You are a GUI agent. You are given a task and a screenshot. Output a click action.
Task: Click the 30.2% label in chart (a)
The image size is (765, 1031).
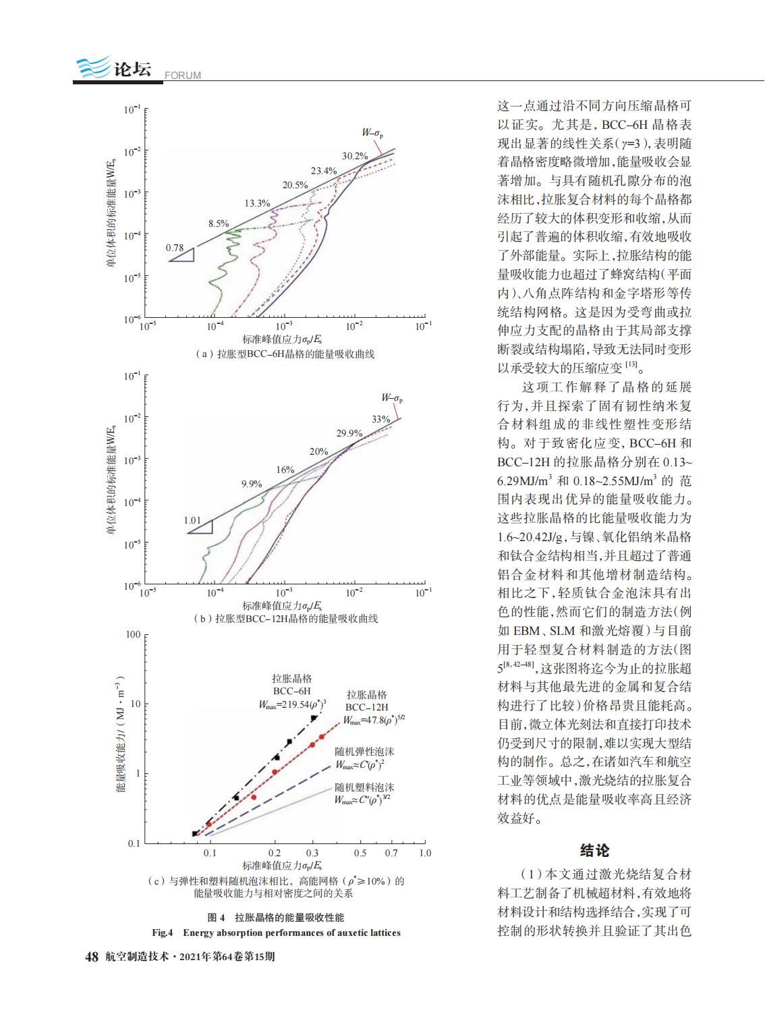point(355,156)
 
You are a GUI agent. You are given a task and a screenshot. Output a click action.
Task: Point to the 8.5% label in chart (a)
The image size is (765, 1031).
point(219,223)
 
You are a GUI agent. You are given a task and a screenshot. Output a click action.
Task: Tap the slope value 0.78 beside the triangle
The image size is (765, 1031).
point(175,248)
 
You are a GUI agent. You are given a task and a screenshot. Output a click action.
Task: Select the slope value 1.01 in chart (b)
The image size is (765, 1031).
point(192,520)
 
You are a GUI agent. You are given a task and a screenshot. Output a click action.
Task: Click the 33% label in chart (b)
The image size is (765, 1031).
point(380,419)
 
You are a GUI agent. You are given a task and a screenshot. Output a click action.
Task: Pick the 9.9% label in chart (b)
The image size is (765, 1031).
point(252,484)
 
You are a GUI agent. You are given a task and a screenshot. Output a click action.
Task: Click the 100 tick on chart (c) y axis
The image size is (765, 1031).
point(133,634)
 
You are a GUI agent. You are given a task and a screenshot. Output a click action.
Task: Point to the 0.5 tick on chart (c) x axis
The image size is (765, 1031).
point(360,853)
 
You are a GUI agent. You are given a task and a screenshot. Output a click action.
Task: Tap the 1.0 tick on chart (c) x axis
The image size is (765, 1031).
point(425,853)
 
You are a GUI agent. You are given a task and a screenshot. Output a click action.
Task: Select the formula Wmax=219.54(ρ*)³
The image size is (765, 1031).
point(292,704)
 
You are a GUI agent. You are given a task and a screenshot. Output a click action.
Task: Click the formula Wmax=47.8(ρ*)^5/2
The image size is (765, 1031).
point(374,720)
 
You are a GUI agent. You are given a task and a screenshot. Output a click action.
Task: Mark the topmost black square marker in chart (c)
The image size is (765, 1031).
point(314,718)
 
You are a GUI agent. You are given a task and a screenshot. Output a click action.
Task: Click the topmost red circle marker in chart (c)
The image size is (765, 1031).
point(321,737)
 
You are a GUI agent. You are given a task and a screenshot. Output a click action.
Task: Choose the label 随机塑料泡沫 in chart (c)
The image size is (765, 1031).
point(364,787)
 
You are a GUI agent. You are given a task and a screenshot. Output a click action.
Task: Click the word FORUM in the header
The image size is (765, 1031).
point(183,76)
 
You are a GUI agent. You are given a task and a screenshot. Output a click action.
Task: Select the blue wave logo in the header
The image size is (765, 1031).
point(93,67)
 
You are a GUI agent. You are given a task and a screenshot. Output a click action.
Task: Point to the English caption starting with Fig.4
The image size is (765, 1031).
point(276,932)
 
